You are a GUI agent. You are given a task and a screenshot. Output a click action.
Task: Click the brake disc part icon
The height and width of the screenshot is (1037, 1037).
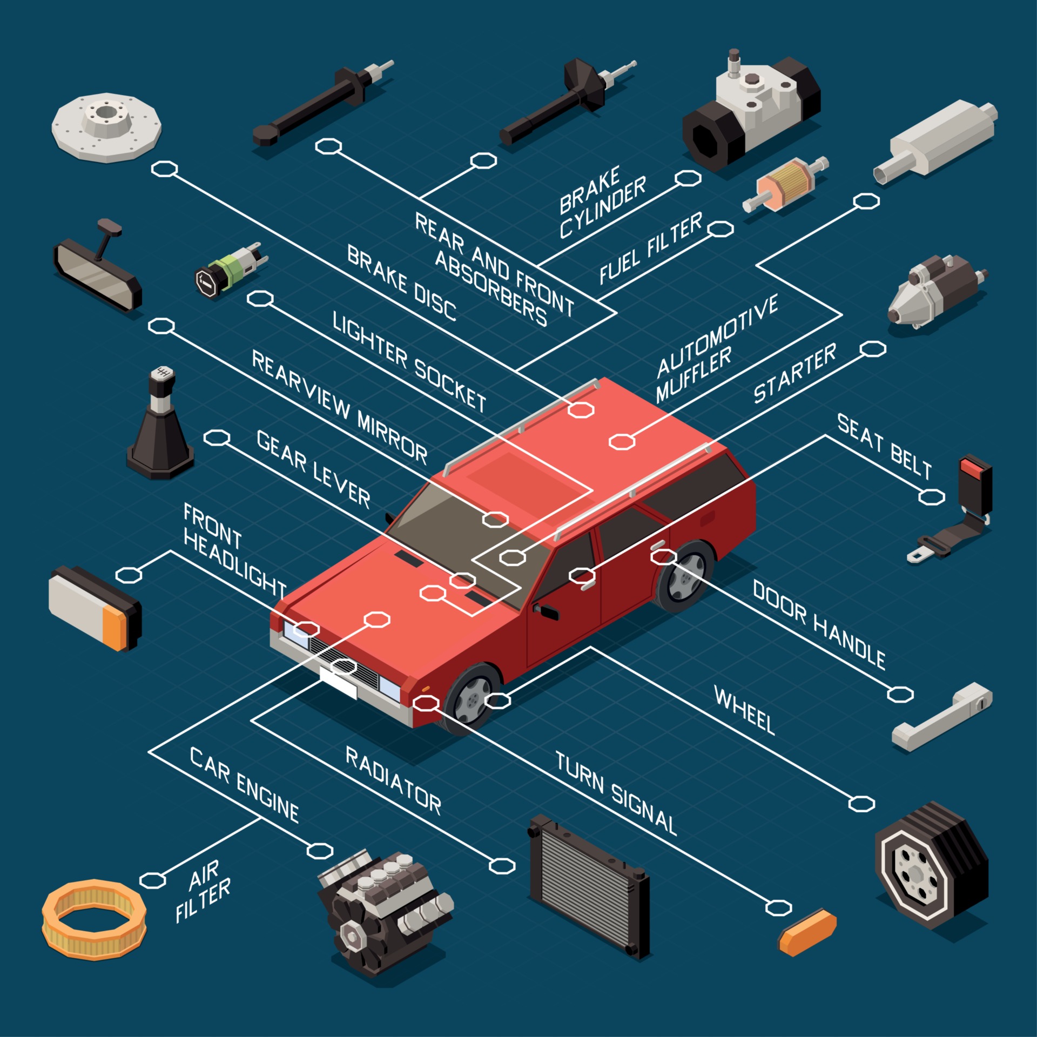pyautogui.click(x=106, y=127)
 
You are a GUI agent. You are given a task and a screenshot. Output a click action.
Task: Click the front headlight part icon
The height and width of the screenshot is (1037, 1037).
pyautogui.click(x=95, y=608)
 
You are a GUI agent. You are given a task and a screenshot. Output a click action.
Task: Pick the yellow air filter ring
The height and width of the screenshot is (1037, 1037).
pyautogui.click(x=94, y=919)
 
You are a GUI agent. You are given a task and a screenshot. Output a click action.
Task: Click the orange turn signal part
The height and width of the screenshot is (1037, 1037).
pyautogui.click(x=807, y=932)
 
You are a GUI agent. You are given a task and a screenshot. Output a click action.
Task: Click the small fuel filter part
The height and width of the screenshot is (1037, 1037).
pyautogui.click(x=785, y=184)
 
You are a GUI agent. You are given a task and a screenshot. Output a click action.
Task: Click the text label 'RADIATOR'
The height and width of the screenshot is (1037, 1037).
pyautogui.click(x=393, y=780)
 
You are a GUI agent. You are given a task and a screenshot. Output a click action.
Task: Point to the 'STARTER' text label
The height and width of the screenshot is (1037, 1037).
pyautogui.click(x=794, y=373)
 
